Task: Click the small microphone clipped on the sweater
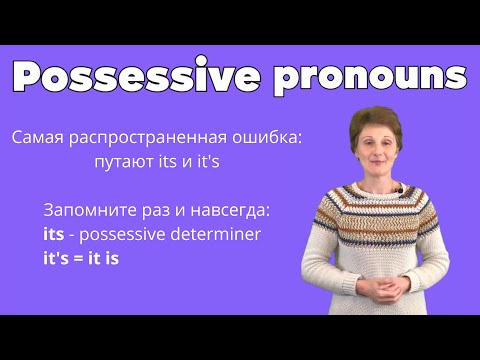pos(397,188)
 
